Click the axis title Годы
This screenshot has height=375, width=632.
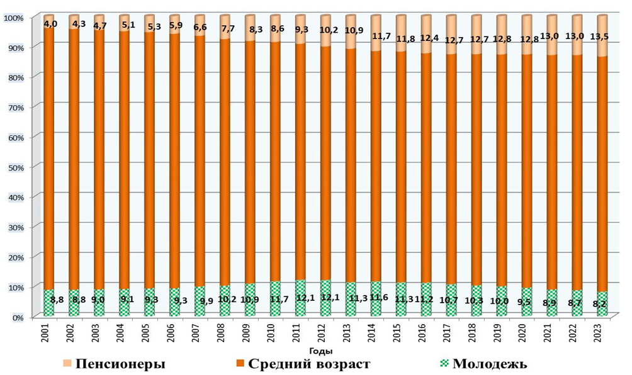coord(321,351)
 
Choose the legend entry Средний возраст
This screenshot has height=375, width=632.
coord(308,364)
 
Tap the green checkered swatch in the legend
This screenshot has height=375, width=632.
coord(445,364)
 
